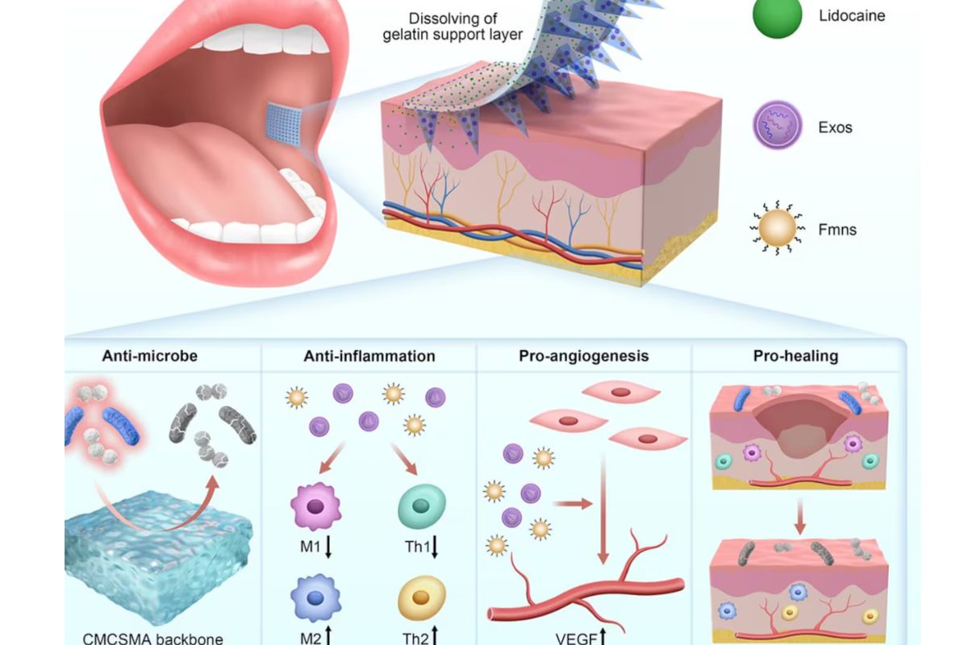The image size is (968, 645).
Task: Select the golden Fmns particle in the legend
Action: [x=778, y=231]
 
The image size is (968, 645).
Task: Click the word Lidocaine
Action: [x=852, y=15]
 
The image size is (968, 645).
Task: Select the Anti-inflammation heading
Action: [x=369, y=356]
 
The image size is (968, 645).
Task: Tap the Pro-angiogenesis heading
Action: [x=584, y=356]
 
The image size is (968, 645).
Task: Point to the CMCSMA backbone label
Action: [x=153, y=639]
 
